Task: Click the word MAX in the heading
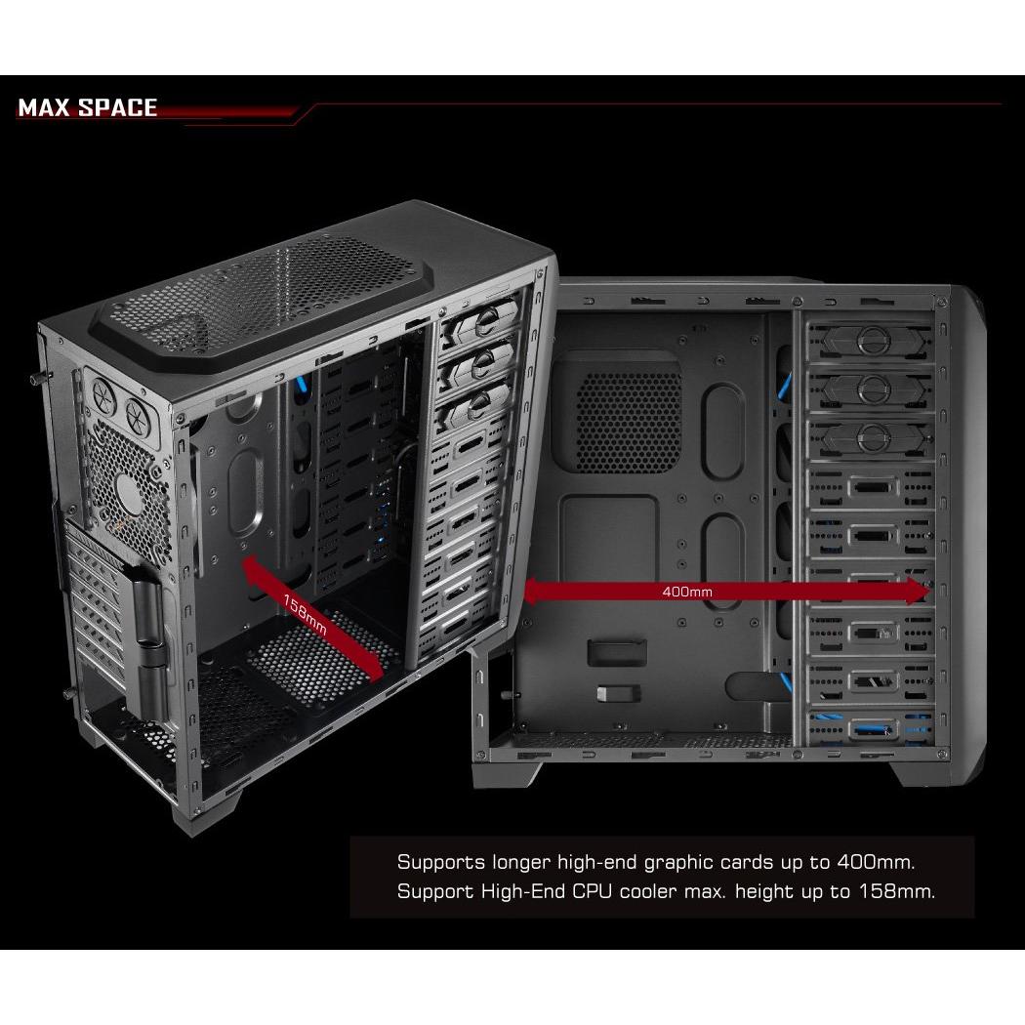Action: click(x=45, y=107)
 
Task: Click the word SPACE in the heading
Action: click(x=118, y=107)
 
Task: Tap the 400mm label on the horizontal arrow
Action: click(x=687, y=592)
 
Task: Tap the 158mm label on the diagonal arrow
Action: click(x=305, y=613)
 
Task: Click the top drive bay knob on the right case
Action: click(x=871, y=341)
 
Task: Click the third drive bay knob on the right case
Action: click(x=871, y=437)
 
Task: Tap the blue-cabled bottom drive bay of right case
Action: click(x=872, y=727)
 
